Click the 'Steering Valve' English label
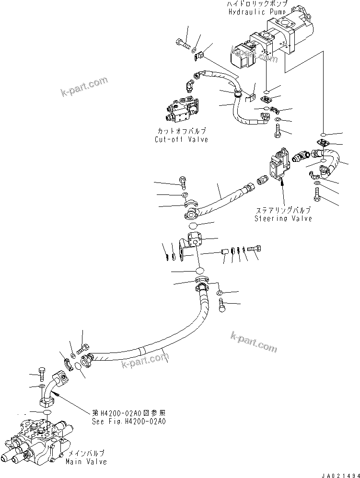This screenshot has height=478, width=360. pos(283,218)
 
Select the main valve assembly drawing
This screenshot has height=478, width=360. pos(36,438)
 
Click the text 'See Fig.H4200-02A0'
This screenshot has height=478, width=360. pos(129,422)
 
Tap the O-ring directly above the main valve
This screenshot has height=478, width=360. pos(47,413)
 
